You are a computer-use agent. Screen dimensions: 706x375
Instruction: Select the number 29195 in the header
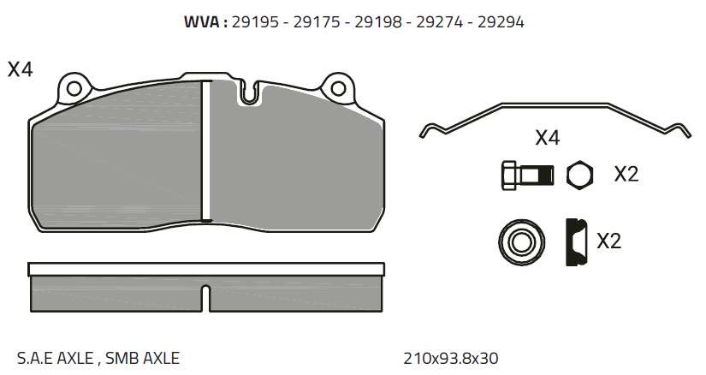tap(255, 21)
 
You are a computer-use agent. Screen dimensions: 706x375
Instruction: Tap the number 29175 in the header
tap(317, 21)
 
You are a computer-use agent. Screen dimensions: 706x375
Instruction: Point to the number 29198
tap(377, 21)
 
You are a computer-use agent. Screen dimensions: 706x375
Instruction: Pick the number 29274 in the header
tap(440, 21)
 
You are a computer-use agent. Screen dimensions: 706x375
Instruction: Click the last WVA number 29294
tap(501, 21)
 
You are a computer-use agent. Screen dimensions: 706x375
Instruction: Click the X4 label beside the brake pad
tap(21, 70)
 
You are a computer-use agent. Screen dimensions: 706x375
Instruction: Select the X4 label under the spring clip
tap(548, 138)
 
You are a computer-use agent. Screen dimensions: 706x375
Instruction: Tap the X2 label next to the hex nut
tap(626, 174)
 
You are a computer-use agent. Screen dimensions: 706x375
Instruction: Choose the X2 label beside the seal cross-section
tap(608, 241)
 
